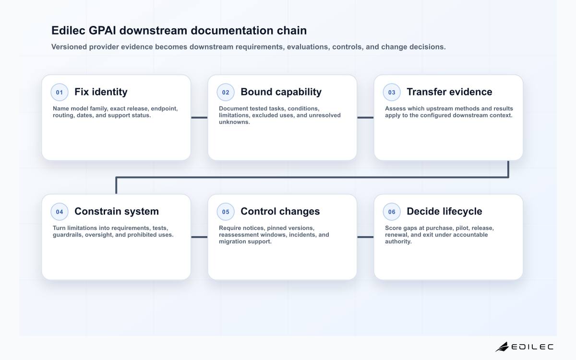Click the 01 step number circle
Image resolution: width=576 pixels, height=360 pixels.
coord(60,92)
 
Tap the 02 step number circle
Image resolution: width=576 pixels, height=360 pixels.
coord(226,92)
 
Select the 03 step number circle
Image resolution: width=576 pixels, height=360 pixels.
coord(392,92)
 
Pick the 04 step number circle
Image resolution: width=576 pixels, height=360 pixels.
coord(60,212)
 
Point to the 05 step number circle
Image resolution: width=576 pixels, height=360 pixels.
coord(226,212)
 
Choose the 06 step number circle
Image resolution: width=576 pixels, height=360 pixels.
coord(392,212)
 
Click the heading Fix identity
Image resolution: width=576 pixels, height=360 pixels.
coord(101,92)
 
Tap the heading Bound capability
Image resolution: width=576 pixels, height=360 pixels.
coord(281,92)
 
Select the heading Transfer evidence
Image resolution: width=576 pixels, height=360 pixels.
coord(449,92)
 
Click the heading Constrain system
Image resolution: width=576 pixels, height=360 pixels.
coord(117,211)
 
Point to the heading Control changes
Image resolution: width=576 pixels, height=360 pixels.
coord(280,211)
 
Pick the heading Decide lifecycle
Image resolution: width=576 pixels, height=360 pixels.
coord(444,211)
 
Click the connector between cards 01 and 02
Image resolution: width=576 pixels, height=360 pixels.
coord(199,118)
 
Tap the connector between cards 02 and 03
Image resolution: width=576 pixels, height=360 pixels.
coord(365,118)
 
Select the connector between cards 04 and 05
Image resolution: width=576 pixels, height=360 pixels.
coord(199,237)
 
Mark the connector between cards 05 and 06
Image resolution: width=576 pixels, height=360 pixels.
coord(365,237)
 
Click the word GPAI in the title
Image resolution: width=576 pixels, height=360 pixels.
coord(102,30)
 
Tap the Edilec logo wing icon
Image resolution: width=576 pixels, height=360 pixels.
coord(502,347)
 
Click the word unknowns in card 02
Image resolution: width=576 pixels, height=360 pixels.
coord(235,122)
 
